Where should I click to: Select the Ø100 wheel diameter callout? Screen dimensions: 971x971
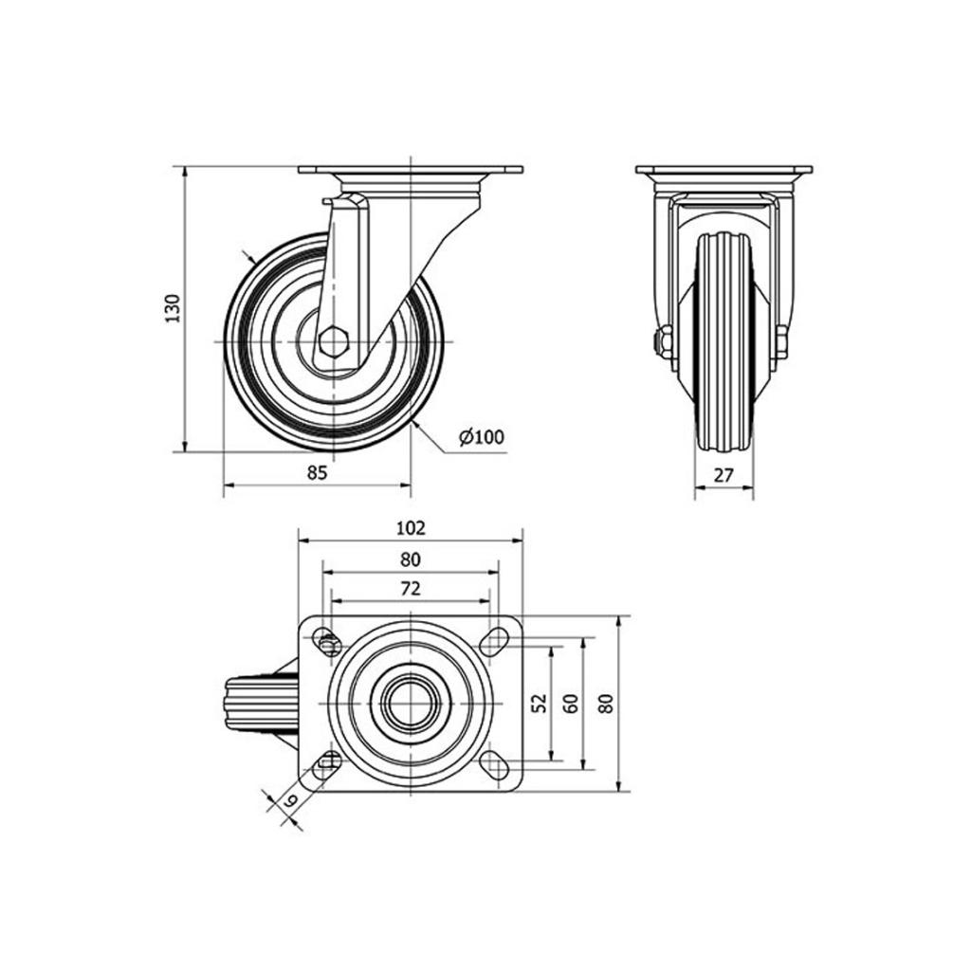(482, 436)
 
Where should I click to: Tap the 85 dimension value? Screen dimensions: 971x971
(317, 472)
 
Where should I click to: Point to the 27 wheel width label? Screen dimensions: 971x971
(724, 475)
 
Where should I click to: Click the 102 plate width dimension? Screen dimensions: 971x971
(411, 527)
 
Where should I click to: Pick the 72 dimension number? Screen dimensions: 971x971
(410, 588)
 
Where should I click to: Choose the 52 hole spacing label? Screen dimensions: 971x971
(540, 703)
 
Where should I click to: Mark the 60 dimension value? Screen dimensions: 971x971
(571, 703)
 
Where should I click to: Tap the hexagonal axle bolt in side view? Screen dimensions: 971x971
(334, 341)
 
